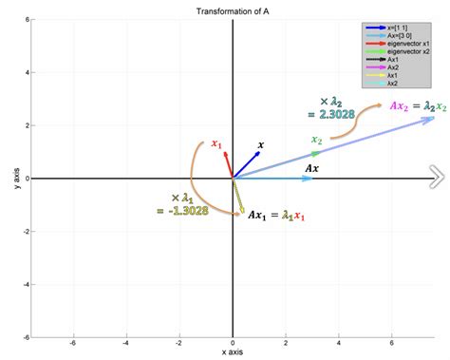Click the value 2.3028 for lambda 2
(326, 114)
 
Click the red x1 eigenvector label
(217, 144)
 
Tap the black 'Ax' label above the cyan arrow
(310, 168)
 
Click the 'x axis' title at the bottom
(233, 351)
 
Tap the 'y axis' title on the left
(17, 178)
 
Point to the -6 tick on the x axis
(73, 344)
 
